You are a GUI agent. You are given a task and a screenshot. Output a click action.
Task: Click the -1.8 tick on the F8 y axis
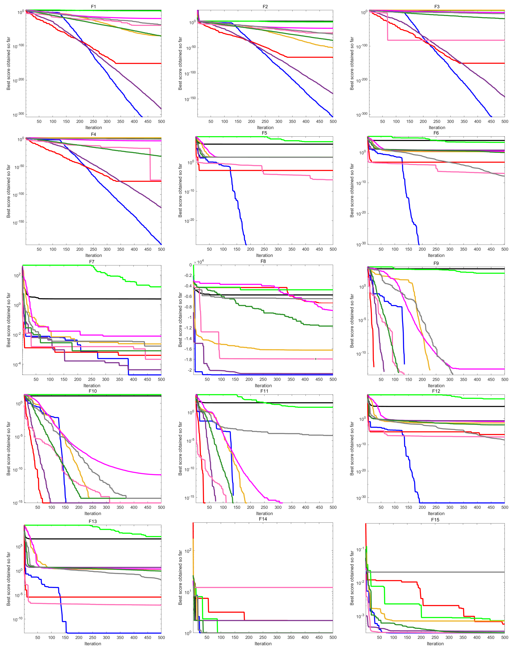coord(188,360)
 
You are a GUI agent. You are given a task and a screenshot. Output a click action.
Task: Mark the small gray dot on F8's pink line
coord(315,359)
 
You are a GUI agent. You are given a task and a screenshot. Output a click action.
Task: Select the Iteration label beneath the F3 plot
coord(437,127)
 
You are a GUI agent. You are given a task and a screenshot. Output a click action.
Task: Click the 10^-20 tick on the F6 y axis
coord(361,213)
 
